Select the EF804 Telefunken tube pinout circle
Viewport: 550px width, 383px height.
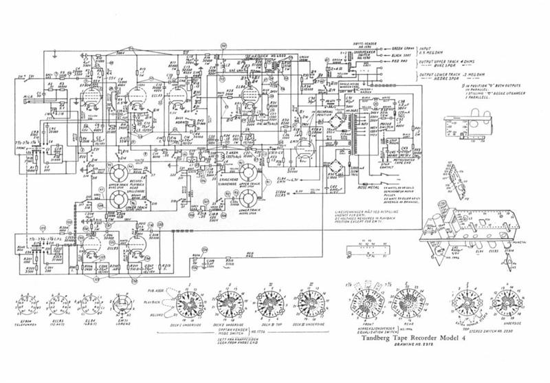(x=28, y=303)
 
